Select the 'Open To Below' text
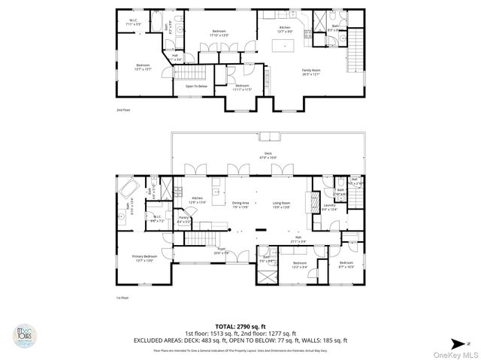[197, 86]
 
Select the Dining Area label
[240, 204]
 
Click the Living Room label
[281, 204]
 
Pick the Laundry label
[328, 206]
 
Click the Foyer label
[222, 250]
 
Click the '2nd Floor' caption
[123, 110]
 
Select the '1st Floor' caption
[123, 298]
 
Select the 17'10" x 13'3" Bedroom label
[219, 33]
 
